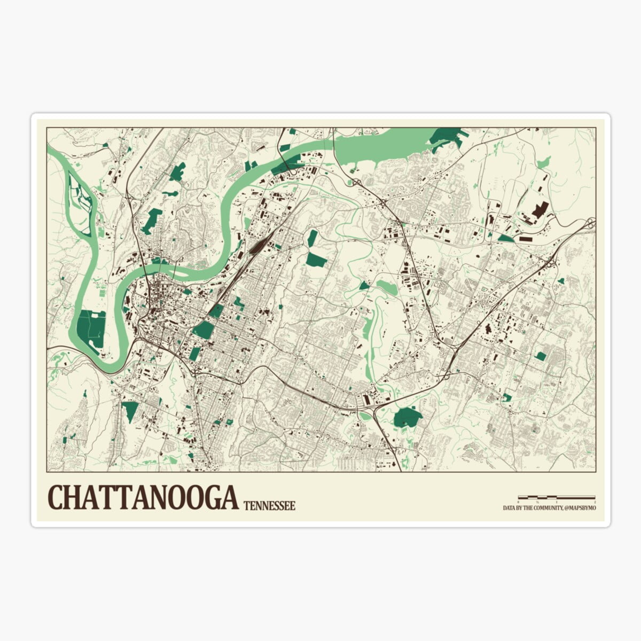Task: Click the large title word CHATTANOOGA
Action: tap(143, 498)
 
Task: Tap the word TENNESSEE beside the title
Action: tap(269, 505)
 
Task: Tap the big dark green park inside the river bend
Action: tap(91, 327)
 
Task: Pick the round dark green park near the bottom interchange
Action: tap(408, 417)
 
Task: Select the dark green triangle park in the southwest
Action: tap(130, 410)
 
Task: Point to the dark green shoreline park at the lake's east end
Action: tap(446, 137)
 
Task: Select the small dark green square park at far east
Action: tap(541, 356)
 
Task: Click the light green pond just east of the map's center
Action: tap(387, 287)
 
